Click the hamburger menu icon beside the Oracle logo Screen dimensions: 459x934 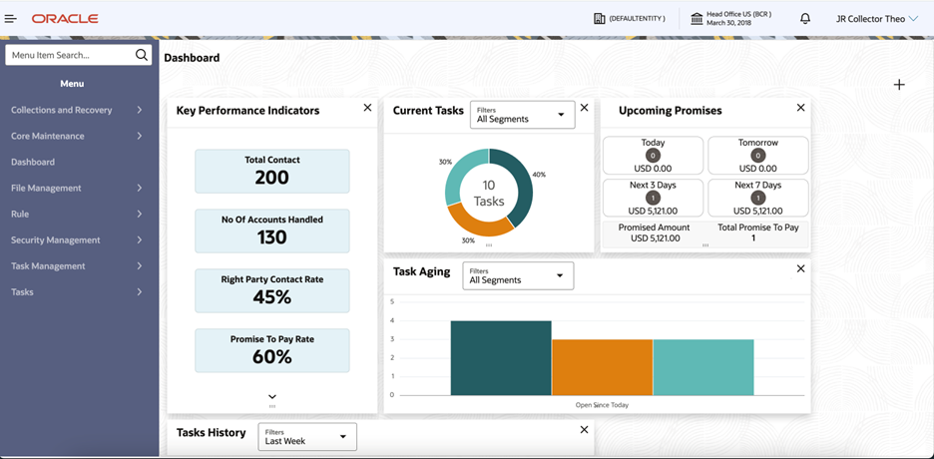click(x=12, y=18)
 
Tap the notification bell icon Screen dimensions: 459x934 click(x=805, y=18)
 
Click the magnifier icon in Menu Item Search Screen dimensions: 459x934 click(x=142, y=55)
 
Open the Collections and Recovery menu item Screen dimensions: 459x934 click(x=76, y=110)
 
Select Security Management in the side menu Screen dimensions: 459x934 click(x=76, y=239)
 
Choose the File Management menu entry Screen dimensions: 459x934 click(x=76, y=188)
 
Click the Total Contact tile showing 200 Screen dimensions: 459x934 click(x=271, y=171)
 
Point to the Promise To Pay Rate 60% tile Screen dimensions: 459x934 click(x=271, y=350)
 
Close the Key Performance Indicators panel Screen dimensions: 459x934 click(x=367, y=108)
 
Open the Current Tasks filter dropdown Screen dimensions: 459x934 click(x=522, y=115)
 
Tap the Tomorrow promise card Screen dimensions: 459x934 click(x=757, y=156)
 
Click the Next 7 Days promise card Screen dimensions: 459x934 click(x=757, y=198)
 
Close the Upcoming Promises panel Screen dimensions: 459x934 click(x=800, y=108)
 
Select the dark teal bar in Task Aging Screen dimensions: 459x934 click(x=501, y=357)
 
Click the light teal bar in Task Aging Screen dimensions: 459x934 click(x=703, y=366)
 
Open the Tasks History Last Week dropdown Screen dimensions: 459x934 click(x=306, y=437)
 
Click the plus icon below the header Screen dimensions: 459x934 click(x=899, y=85)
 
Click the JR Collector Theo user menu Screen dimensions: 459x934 click(x=876, y=18)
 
